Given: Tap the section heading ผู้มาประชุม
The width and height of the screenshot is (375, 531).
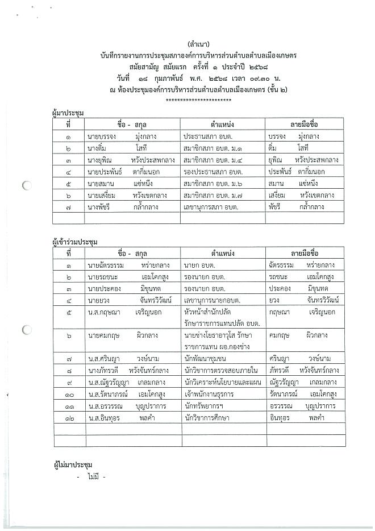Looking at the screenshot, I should [67, 113].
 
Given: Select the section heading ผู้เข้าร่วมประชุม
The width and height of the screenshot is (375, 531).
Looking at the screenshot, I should [74, 242].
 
